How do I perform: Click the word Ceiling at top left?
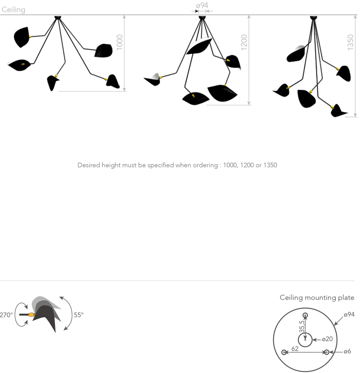[x=13, y=10]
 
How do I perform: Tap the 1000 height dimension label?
[x=119, y=42]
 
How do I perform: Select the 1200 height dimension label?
[x=244, y=42]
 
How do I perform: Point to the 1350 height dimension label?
[x=350, y=42]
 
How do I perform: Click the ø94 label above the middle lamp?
[x=202, y=5]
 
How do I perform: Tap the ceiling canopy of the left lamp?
[x=58, y=17]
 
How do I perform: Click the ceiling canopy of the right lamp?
[x=313, y=17]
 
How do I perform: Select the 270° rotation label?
[x=6, y=315]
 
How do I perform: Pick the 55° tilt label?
[x=79, y=315]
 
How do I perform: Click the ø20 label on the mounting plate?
[x=327, y=339]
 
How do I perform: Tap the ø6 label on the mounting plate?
[x=348, y=351]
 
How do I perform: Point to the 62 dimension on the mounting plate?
[x=295, y=349]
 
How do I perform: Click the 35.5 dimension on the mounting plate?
[x=302, y=326]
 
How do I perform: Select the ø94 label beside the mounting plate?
[x=349, y=314]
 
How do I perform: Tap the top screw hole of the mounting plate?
[x=305, y=316]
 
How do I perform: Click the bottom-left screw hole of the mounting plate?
[x=284, y=353]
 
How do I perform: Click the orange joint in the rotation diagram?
[x=31, y=315]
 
